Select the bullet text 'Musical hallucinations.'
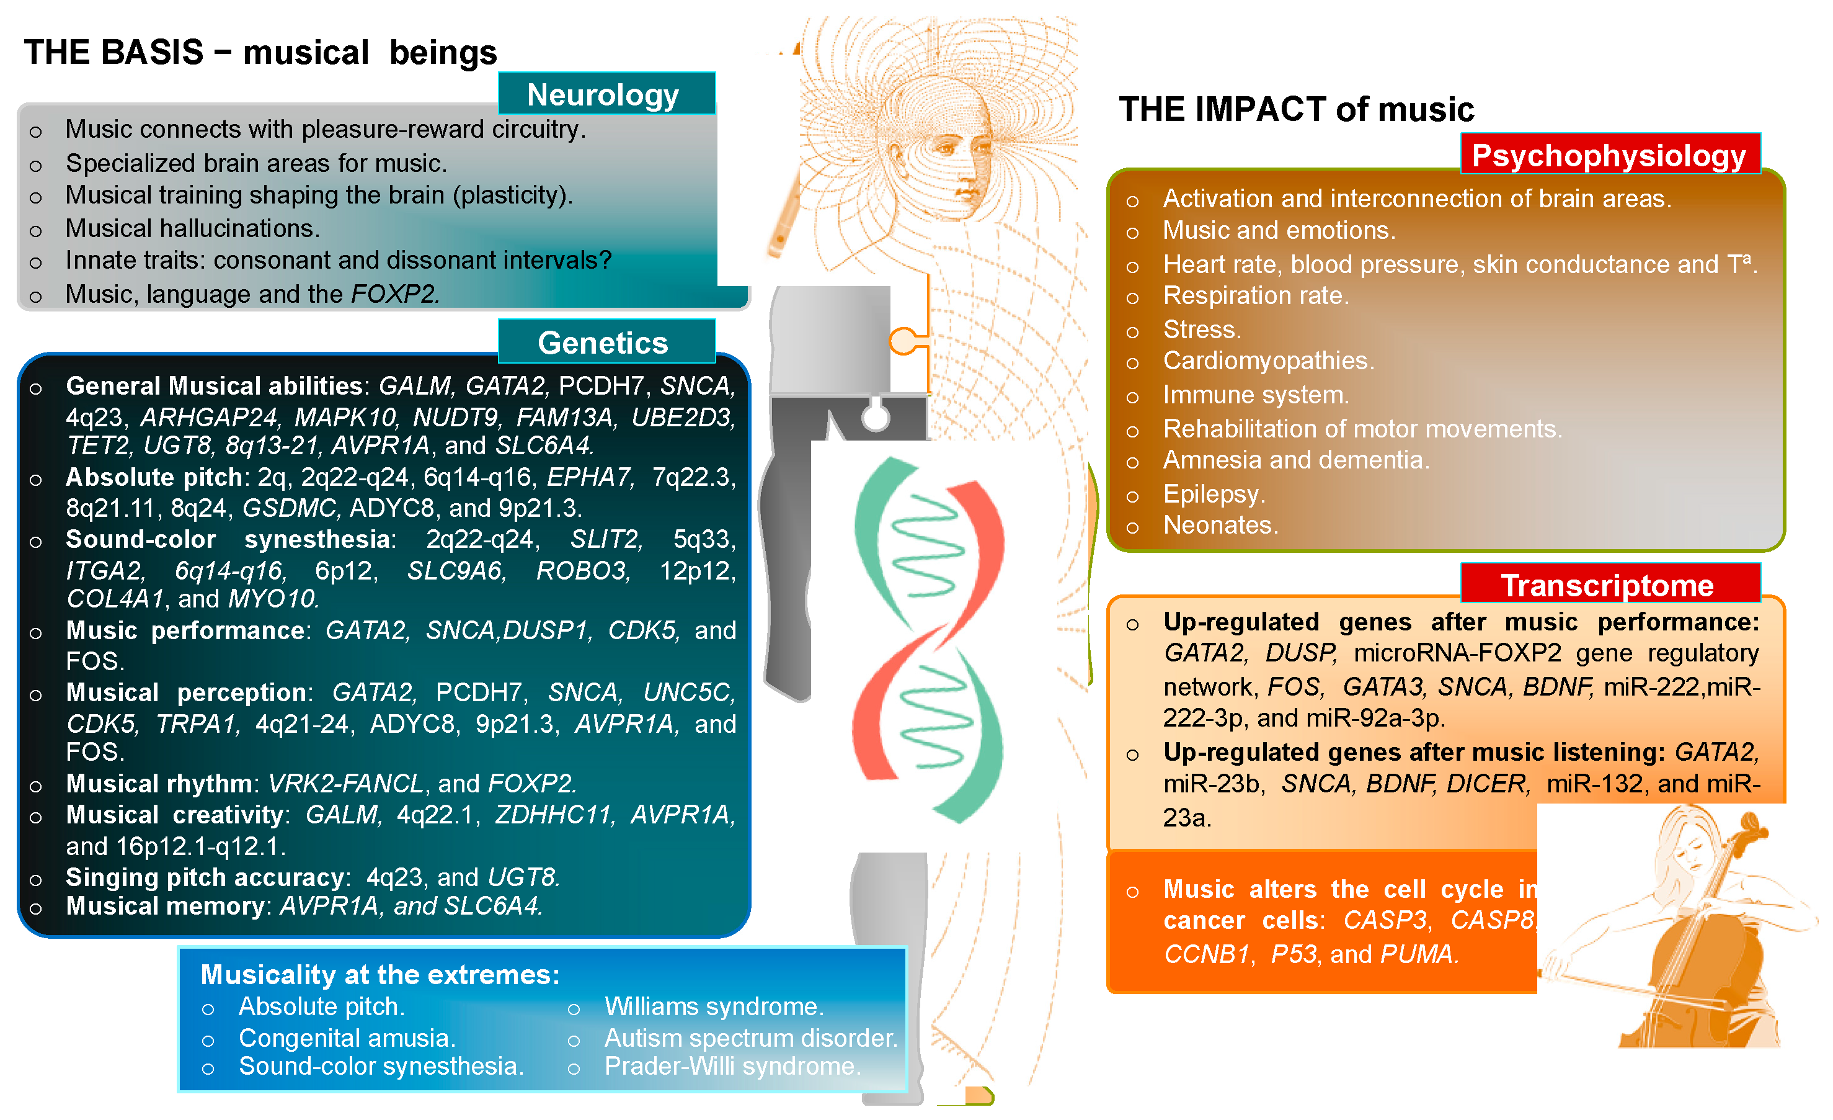[x=193, y=228]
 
